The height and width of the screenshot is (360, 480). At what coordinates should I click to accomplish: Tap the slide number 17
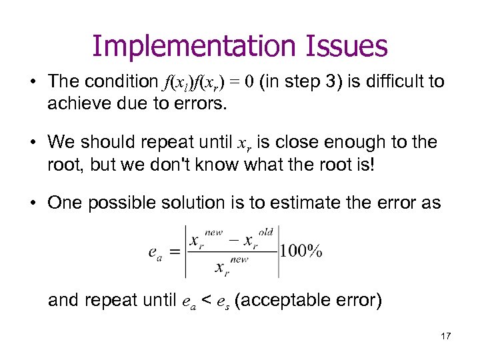point(445,335)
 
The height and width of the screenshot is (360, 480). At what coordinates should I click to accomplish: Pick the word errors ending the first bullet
point(203,103)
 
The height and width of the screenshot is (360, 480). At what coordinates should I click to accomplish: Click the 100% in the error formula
point(301,251)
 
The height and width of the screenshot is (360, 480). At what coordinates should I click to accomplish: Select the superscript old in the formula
point(266,232)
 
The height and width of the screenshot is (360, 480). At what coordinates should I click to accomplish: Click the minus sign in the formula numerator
point(234,239)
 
